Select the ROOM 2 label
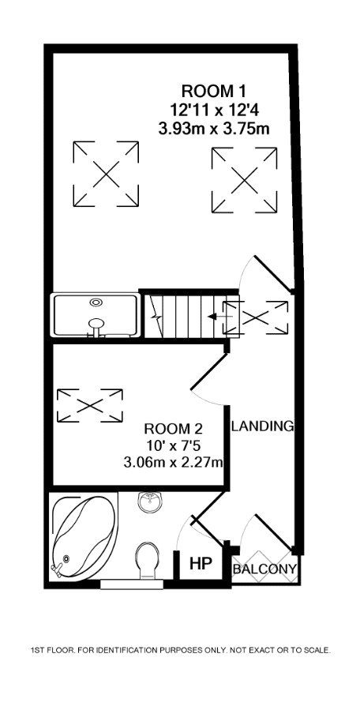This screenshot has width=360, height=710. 174,429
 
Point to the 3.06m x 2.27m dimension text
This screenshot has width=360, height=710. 174,461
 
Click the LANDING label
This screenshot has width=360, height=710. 262,426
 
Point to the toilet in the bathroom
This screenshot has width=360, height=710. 148,560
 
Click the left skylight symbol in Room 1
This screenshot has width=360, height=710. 105,175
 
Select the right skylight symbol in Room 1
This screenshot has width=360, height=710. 245,181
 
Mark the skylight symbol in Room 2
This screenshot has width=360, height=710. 89,405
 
